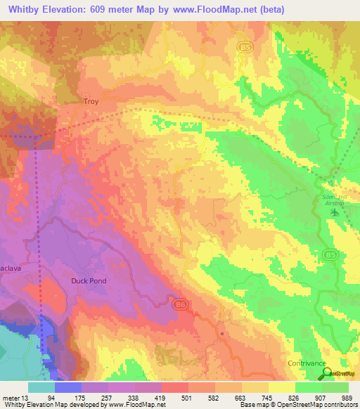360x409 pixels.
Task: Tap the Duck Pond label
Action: tap(89, 280)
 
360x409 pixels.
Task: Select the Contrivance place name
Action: tap(307, 363)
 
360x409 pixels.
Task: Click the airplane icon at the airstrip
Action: tap(334, 212)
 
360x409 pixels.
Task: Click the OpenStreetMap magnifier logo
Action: tap(326, 375)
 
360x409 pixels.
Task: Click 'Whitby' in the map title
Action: tap(27, 9)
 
